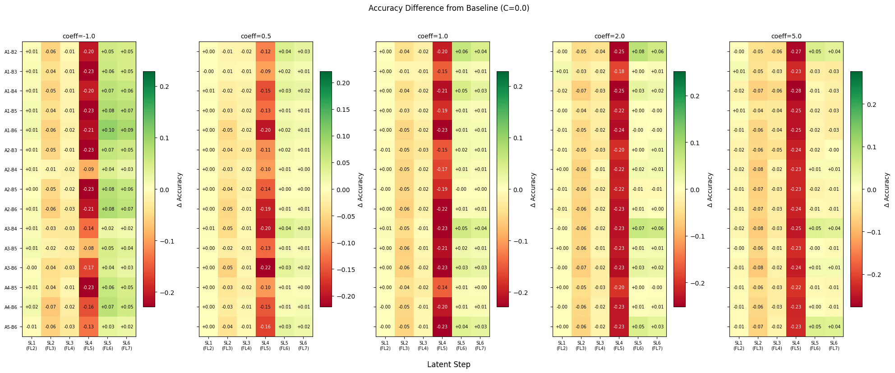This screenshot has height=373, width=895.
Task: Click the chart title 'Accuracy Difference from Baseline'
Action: coord(448,8)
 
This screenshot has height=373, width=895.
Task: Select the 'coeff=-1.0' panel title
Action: coord(79,36)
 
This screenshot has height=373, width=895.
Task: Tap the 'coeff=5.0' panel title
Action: coord(786,36)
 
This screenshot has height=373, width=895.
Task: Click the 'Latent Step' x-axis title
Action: coord(448,364)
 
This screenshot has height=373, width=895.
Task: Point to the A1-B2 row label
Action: coord(11,52)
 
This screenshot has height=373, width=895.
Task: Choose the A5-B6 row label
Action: coord(11,327)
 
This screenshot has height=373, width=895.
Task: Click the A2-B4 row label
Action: coord(11,170)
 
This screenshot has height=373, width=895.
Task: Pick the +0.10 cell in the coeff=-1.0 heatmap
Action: coord(107,130)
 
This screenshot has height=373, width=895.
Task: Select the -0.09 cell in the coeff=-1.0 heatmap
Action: coord(88,170)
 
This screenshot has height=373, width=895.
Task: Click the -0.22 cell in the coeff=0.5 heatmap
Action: coord(265,268)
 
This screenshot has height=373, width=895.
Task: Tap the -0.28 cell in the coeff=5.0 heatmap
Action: coord(796,91)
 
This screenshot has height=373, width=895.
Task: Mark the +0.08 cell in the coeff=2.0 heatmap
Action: coord(638,52)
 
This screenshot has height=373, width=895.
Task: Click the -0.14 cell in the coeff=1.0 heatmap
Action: coord(442,287)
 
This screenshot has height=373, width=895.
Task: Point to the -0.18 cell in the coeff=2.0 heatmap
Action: coord(619,72)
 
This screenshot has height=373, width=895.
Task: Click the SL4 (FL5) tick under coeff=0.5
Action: coord(265,345)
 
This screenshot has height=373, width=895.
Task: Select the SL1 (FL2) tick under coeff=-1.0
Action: coord(32,345)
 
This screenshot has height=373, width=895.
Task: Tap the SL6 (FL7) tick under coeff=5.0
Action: coord(834,345)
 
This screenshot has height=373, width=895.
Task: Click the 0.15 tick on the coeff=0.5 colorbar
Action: coord(343,110)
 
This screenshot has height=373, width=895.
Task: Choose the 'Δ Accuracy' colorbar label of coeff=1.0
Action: coord(533,190)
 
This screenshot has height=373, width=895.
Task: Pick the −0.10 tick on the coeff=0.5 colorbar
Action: coord(345,243)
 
